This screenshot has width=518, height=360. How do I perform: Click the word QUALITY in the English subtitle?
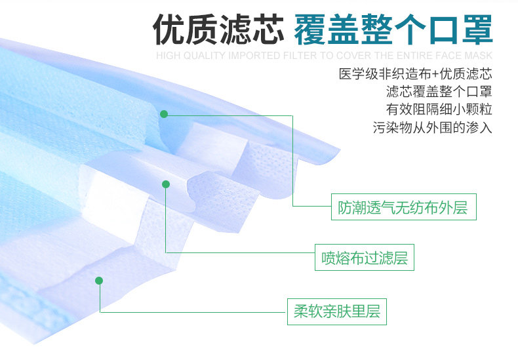pos(203,56)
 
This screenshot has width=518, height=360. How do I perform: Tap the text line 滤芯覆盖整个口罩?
pos(439,91)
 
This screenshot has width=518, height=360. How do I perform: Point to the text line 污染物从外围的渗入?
pos(433,127)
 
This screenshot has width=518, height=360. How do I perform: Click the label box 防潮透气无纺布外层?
pos(403,209)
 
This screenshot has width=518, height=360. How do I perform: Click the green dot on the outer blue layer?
pos(164,113)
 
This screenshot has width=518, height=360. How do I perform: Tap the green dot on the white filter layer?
pos(166,184)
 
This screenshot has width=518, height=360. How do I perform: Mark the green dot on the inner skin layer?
pos(99,281)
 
